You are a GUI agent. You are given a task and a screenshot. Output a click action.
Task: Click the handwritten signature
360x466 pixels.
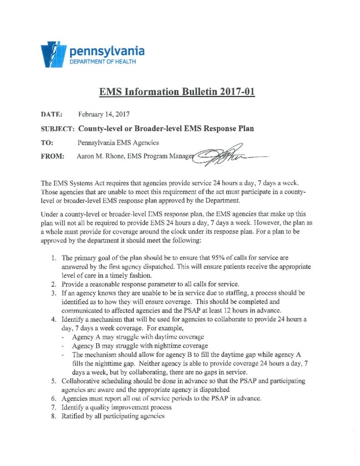(x=225, y=156)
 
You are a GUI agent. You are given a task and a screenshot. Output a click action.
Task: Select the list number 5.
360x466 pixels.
(x=53, y=380)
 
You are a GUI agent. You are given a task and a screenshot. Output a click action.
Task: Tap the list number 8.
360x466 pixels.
(x=53, y=416)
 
